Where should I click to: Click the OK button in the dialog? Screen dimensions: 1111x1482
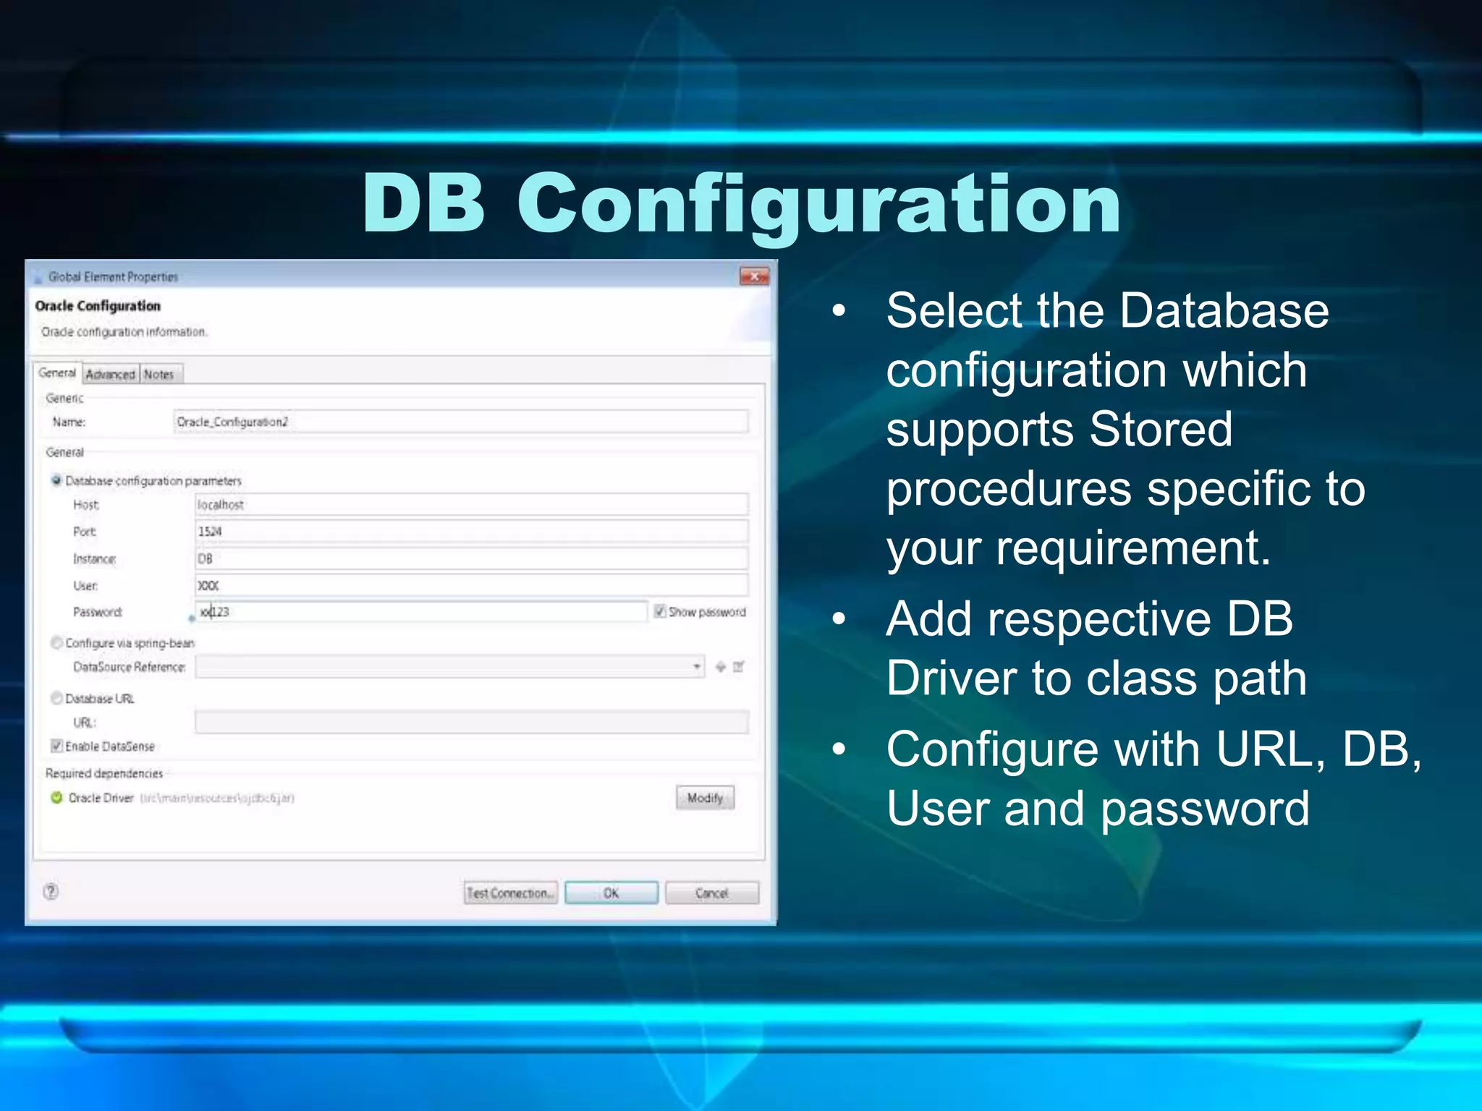611,893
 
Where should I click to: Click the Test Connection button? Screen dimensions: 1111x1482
511,893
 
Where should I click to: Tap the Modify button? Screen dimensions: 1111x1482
705,798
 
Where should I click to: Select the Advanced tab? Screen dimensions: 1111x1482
110,374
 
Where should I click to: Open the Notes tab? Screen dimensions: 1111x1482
158,374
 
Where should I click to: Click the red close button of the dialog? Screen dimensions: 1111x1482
754,276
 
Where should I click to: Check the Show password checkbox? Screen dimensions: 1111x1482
660,611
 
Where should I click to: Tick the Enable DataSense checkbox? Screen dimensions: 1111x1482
57,746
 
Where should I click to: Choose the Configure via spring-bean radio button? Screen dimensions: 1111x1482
56,642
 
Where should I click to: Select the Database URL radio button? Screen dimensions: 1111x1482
56,698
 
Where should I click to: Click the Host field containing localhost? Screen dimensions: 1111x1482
470,504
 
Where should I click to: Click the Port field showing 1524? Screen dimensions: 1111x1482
470,532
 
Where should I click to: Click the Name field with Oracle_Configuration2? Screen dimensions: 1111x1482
460,422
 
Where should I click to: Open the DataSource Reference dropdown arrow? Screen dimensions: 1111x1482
696,666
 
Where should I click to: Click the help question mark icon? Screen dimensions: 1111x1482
51,891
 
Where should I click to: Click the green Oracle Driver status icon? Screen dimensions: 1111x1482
56,798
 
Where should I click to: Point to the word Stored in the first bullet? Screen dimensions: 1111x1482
1161,429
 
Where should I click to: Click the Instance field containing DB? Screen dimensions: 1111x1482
470,558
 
